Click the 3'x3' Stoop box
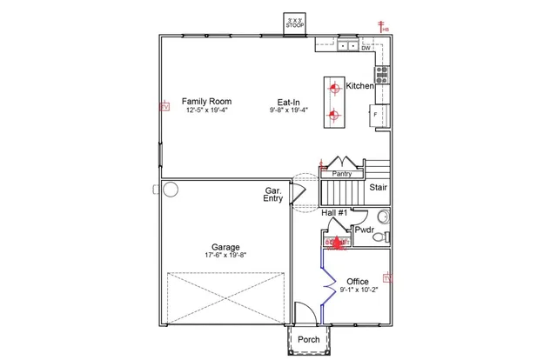pos(295,23)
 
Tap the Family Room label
pos(206,102)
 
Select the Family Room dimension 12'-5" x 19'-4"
pos(206,111)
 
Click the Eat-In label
pos(290,102)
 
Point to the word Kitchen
pos(360,86)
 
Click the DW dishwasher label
pos(366,49)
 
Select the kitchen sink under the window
pos(349,44)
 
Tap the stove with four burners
pos(382,74)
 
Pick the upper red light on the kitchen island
pos(334,87)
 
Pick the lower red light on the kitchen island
pos(334,114)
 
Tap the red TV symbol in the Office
pos(387,278)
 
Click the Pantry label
pos(342,174)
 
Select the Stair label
pos(379,187)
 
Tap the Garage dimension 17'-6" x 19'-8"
pos(225,256)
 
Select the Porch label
pos(308,339)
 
